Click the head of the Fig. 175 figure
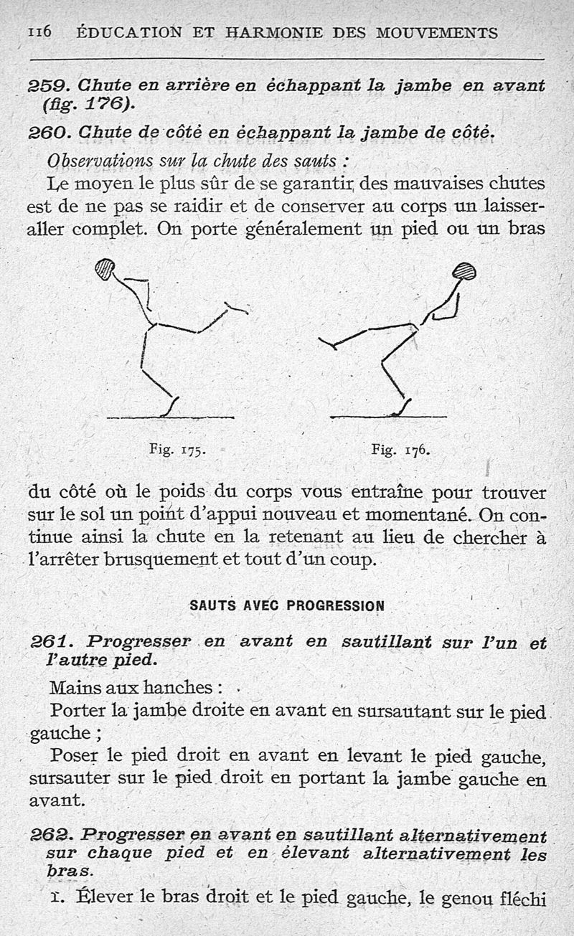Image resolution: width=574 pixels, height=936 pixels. (105, 268)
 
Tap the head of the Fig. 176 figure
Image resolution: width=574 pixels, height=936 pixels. (465, 271)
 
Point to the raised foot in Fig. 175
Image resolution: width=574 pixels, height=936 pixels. (237, 309)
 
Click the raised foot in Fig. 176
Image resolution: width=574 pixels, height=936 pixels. (327, 344)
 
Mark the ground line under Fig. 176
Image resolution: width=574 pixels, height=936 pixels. (387, 417)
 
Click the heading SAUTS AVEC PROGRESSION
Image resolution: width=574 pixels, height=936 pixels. (287, 605)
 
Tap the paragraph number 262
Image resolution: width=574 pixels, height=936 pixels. (47, 836)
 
